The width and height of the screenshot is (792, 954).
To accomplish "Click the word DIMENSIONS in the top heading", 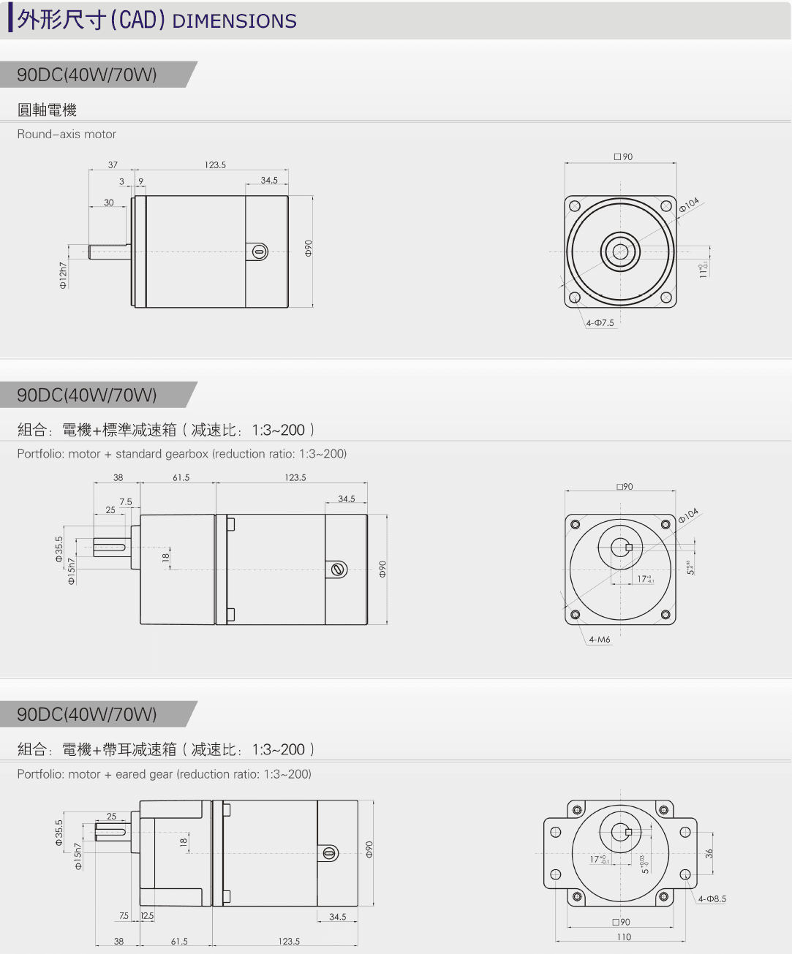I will click(x=234, y=21).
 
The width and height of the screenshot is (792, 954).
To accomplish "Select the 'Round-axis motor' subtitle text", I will click(x=67, y=135).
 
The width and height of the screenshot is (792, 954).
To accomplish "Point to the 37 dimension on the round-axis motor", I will click(x=113, y=165).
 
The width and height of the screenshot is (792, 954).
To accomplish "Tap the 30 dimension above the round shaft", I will click(x=109, y=202).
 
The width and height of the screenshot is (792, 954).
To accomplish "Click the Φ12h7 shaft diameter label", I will click(x=63, y=275).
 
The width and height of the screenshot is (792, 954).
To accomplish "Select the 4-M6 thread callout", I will click(x=599, y=640).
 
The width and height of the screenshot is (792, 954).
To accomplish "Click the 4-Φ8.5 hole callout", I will click(x=712, y=899).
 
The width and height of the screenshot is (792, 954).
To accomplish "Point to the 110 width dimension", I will click(x=624, y=937).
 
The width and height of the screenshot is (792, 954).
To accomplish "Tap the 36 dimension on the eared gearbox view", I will click(x=709, y=853).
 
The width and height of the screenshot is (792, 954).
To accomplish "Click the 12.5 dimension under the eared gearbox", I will click(x=147, y=916).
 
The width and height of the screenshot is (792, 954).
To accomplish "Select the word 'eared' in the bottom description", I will click(x=131, y=774).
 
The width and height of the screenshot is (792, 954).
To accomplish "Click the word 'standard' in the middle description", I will click(x=139, y=454).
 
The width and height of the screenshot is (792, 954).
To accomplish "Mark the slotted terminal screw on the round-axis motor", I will click(x=260, y=252).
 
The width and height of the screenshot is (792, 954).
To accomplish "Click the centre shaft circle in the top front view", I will click(x=620, y=251).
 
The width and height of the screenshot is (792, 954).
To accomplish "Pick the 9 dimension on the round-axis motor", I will click(x=140, y=181).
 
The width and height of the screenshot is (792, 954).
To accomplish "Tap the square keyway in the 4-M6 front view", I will click(x=628, y=547).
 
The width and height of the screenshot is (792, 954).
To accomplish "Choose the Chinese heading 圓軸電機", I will click(x=47, y=110).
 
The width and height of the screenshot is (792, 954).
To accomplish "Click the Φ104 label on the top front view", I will click(x=689, y=205).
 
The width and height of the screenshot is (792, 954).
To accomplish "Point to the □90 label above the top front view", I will click(x=623, y=157).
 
